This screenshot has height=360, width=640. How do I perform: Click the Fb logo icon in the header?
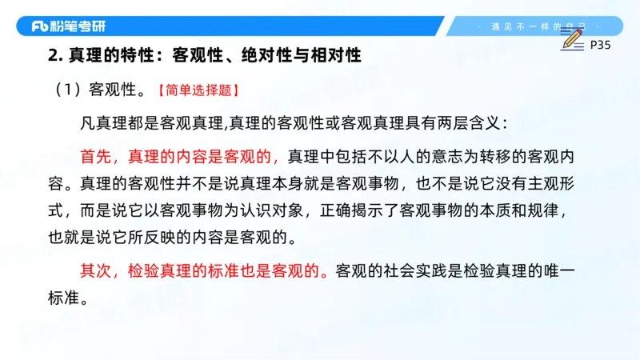tap(41, 26)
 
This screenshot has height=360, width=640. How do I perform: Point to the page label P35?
tap(599, 46)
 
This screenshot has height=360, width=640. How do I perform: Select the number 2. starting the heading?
tap(54, 56)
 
